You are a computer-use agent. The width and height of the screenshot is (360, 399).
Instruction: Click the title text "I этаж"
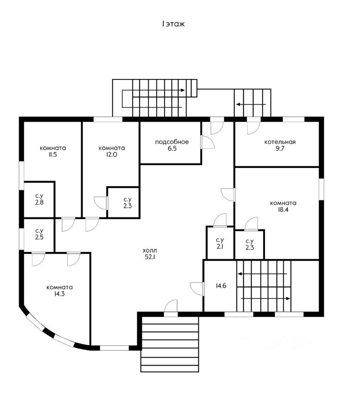coord(173,24)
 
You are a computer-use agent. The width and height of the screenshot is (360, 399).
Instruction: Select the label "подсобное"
coord(172,142)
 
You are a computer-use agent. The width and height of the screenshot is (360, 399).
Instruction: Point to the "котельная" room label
coord(280,142)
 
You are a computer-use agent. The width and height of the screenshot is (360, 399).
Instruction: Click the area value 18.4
coord(283,210)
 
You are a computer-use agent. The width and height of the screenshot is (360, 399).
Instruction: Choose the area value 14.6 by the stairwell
coord(220,286)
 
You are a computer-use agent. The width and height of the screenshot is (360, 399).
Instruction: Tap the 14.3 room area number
coord(60,294)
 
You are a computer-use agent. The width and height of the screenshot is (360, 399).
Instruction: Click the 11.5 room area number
coord(53,155)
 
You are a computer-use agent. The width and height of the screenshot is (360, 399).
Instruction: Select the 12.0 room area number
coord(111,155)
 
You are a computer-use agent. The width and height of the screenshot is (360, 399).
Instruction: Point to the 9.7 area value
coord(280,149)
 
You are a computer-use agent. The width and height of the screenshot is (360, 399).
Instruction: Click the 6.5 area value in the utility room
coord(172,149)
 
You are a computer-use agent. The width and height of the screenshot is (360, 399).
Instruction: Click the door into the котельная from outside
coord(252,126)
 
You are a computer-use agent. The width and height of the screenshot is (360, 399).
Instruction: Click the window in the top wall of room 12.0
coord(108,119)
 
